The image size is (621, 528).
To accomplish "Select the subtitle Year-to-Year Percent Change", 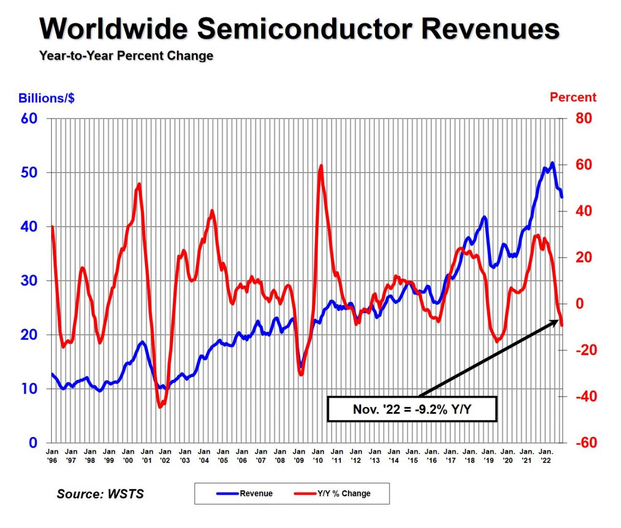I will pos(126,56).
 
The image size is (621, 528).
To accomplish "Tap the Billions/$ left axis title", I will pos(46,98).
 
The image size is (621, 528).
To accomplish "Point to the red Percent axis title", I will pos(573,97).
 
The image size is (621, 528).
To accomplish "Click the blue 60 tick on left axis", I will pos(29,118).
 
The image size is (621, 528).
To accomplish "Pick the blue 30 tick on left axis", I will pos(29,281).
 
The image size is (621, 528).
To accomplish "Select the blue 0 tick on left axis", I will pos(33,442).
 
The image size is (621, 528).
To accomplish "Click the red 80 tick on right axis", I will pos(583,118).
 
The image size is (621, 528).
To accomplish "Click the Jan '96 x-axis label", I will pos(52,456).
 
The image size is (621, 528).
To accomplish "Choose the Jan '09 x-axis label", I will pos(299,456).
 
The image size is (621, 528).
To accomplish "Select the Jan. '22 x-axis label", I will pos(546,456).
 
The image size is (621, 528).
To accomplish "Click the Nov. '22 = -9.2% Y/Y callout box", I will pos(412,409).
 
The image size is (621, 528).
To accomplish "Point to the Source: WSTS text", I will pos(100,494).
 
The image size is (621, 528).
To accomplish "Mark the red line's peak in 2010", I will pos(321,166).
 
